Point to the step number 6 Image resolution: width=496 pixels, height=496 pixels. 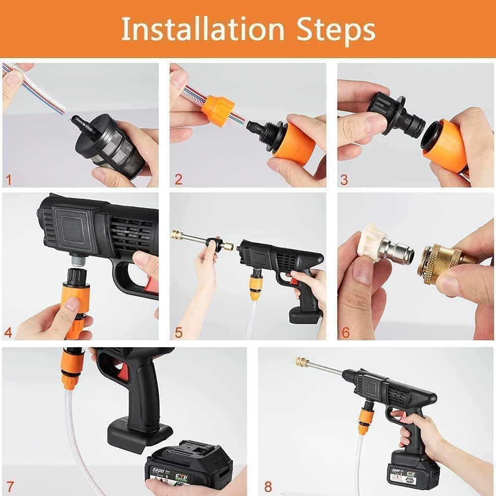pyautogui.click(x=346, y=332)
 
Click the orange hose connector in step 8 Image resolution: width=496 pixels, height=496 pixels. pyautogui.click(x=366, y=419)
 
